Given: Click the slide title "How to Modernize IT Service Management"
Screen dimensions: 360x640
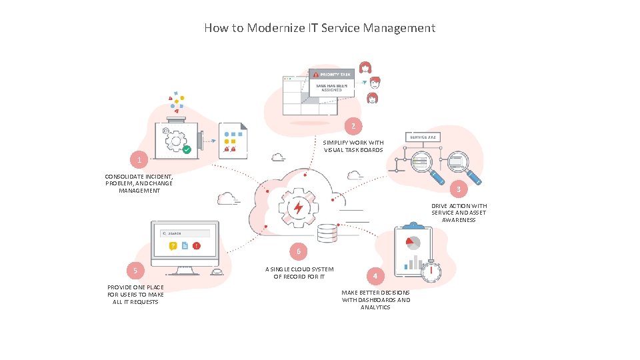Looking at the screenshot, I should coord(319,28).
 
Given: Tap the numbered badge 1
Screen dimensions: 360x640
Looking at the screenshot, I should coord(139,161).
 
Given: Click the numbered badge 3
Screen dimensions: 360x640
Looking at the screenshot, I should coord(458,189).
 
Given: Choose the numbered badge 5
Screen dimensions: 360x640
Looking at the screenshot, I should coord(135,270).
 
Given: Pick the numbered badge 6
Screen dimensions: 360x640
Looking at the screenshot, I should coord(299,251).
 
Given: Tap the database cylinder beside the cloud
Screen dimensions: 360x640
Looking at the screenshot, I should coord(327,234).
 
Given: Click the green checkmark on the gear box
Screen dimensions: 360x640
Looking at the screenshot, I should coord(187,150).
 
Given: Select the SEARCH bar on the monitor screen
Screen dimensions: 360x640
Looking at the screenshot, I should coord(185,233).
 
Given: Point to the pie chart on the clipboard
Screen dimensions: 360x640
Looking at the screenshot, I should coord(413,241).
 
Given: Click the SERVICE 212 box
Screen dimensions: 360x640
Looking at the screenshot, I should coord(423,137).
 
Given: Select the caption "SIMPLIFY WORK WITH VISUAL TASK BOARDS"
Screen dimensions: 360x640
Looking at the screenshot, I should coord(353,146).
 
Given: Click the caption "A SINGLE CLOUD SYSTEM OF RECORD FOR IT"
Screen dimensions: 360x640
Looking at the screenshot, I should coord(299,273).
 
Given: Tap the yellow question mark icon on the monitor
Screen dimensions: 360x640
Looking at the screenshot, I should coord(173,246).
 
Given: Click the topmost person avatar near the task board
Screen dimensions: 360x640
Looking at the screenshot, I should coord(365,67).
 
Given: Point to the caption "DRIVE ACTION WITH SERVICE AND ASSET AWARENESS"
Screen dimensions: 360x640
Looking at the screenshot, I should coord(459,213).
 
